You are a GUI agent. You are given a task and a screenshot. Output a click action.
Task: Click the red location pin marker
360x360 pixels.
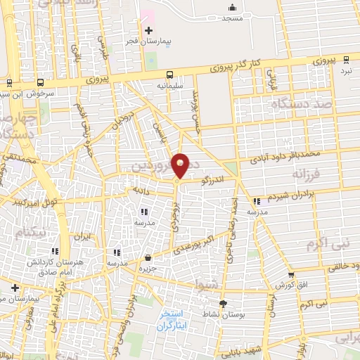[x=181, y=165]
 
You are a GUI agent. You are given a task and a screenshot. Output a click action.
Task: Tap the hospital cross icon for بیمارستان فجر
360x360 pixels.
[x=148, y=30]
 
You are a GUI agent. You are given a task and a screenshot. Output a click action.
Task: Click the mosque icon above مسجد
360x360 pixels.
[x=231, y=8]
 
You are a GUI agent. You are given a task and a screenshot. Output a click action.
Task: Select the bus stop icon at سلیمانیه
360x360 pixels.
[x=169, y=74]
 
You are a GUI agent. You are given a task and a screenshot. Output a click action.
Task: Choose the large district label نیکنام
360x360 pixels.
[x=24, y=232]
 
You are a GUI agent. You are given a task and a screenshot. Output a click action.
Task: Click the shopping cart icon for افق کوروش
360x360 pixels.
[x=292, y=274]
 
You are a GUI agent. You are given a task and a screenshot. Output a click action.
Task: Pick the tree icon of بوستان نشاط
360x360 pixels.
[x=224, y=303]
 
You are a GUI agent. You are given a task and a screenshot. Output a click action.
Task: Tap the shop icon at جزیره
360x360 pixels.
[x=148, y=258]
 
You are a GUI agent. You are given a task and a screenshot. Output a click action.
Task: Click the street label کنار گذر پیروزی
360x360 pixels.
[x=236, y=67]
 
